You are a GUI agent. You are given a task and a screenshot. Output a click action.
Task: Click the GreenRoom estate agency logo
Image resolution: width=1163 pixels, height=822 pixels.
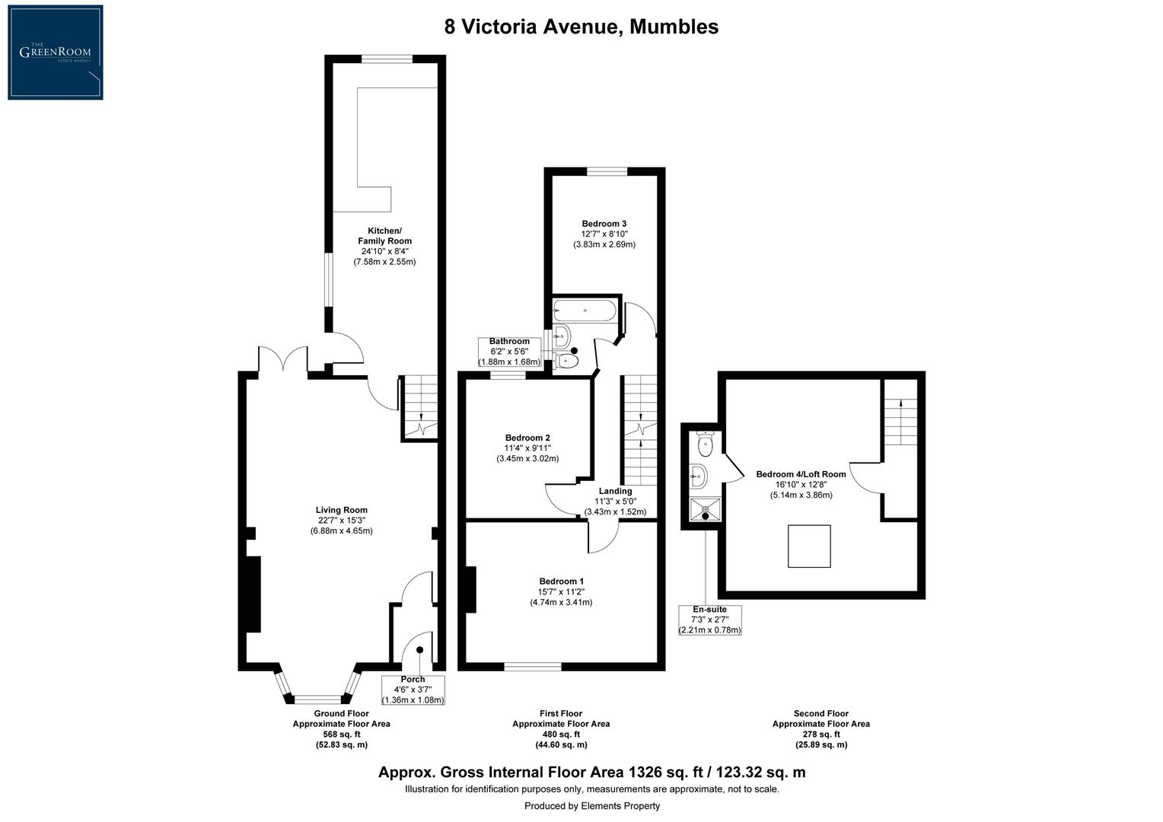click(56, 53)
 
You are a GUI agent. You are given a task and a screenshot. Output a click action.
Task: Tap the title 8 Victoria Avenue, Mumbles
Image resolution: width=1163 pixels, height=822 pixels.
click(581, 27)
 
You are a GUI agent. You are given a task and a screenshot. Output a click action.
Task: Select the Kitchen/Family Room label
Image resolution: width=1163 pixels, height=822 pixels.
click(384, 246)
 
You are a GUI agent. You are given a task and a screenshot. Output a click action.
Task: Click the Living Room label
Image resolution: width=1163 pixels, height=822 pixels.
click(341, 520)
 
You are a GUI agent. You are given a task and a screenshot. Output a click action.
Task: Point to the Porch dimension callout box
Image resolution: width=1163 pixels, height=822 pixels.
click(413, 690)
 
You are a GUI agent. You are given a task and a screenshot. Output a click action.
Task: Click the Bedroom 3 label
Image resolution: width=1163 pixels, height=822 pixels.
click(604, 234)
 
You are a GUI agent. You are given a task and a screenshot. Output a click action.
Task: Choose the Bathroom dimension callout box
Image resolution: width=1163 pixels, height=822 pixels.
click(509, 352)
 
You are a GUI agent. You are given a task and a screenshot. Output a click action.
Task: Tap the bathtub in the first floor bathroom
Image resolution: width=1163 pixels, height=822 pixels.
click(585, 311)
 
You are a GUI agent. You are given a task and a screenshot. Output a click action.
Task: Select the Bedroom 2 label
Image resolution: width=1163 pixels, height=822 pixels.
click(527, 448)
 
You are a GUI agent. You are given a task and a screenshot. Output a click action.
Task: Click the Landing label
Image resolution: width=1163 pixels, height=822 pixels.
click(615, 501)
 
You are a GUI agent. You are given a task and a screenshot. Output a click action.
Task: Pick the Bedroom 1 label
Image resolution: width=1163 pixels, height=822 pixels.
click(561, 591)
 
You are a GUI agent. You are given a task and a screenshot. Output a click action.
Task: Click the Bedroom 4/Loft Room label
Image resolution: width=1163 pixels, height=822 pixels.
click(801, 484)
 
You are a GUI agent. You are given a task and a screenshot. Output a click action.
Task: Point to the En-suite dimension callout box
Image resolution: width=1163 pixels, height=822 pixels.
click(709, 620)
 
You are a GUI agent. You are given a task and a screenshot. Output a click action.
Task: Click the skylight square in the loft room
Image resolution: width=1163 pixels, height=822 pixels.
click(809, 546)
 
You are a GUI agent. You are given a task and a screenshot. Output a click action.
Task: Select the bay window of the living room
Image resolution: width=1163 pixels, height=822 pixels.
click(317, 689)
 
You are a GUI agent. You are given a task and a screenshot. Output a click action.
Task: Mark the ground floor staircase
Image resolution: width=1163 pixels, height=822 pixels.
click(419, 409)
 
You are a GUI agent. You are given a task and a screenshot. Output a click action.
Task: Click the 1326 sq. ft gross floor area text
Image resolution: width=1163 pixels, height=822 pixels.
click(591, 773)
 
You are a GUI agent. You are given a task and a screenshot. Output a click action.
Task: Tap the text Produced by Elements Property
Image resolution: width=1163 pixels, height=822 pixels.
click(591, 805)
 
